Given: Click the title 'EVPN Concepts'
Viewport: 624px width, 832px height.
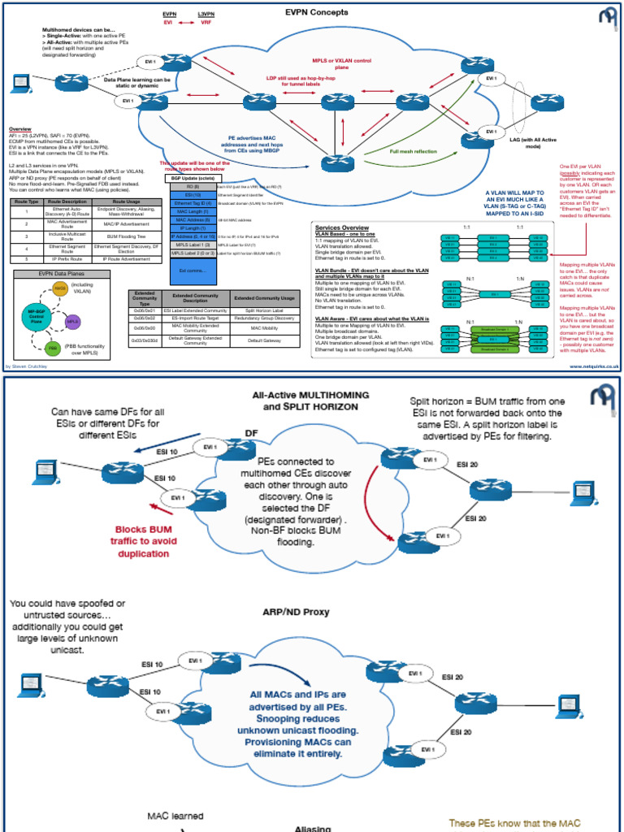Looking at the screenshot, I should click(317, 13).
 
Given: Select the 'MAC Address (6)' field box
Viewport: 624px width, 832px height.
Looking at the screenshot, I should click(192, 219).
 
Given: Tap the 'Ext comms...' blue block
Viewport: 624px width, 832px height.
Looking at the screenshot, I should click(192, 270).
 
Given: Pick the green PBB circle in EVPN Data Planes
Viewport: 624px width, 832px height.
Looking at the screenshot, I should click(53, 348).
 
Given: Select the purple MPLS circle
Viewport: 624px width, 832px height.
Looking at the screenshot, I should click(73, 322).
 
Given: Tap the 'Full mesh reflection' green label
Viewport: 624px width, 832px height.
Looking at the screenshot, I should click(413, 152).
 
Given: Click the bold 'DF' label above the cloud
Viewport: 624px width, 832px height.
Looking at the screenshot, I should click(253, 433).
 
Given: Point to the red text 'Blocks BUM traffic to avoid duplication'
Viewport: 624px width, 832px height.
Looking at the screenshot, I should click(142, 540).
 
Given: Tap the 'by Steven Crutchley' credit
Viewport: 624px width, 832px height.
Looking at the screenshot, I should click(28, 366).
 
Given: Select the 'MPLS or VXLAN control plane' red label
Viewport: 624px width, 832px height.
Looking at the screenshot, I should click(341, 64).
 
